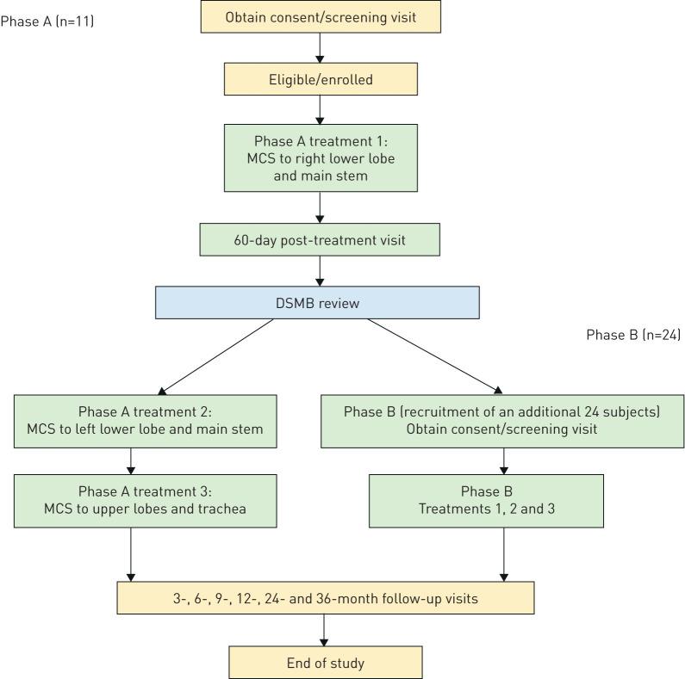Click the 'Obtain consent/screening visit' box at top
(x=320, y=17)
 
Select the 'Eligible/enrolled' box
(x=320, y=79)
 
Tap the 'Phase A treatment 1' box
(x=320, y=157)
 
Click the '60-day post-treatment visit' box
(x=320, y=239)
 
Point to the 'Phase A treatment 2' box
(x=145, y=422)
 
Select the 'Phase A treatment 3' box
(x=145, y=500)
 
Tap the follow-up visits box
(x=326, y=596)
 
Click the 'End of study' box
(x=326, y=663)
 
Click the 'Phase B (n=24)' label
(x=633, y=335)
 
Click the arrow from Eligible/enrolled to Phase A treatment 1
(x=320, y=109)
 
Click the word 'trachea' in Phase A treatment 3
(x=219, y=509)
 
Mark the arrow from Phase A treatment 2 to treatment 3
(x=131, y=460)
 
